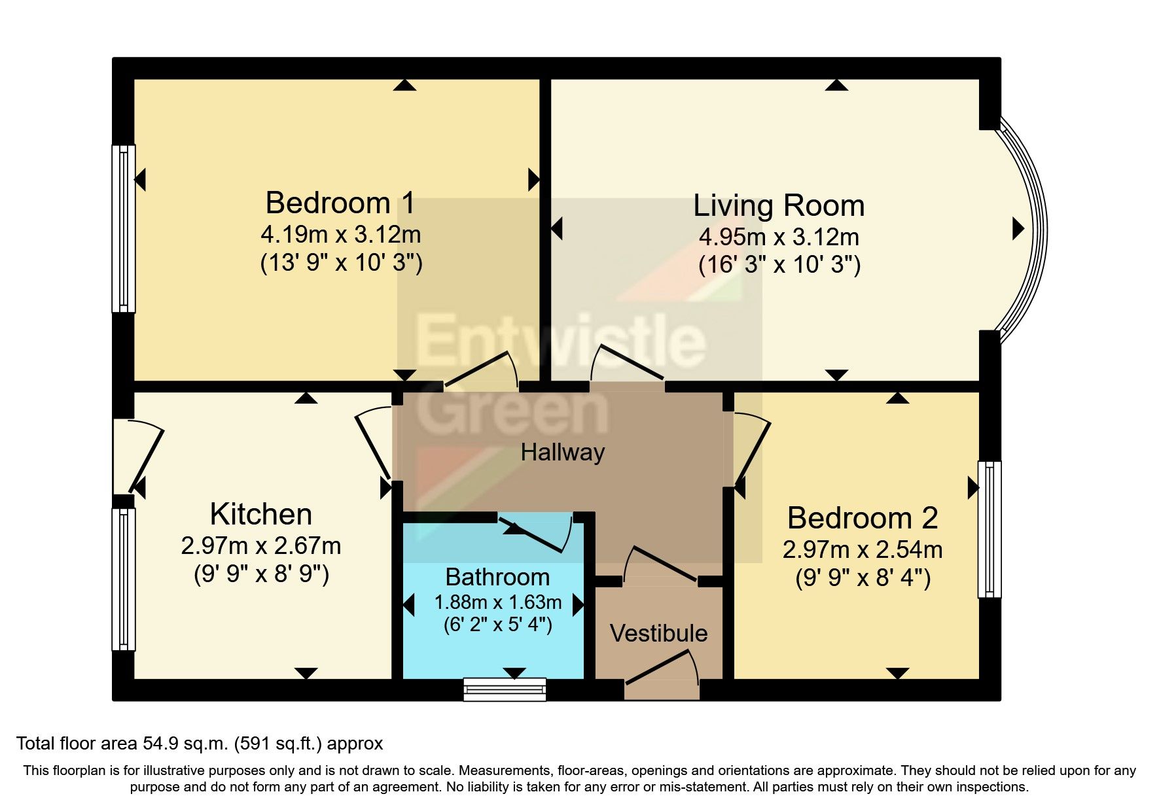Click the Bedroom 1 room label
340,203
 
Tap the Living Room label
779,205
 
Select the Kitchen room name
261,514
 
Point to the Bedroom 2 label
863,518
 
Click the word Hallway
563,452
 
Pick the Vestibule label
658,633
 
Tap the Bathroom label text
497,577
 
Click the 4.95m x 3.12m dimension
779,236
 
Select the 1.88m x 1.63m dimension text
498,602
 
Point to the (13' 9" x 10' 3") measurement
341,263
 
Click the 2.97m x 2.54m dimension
863,549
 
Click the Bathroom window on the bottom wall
505,689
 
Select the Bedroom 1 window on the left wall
124,229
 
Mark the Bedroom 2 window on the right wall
990,530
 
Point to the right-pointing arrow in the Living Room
1018,228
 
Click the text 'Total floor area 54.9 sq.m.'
122,744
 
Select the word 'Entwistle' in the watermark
561,340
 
